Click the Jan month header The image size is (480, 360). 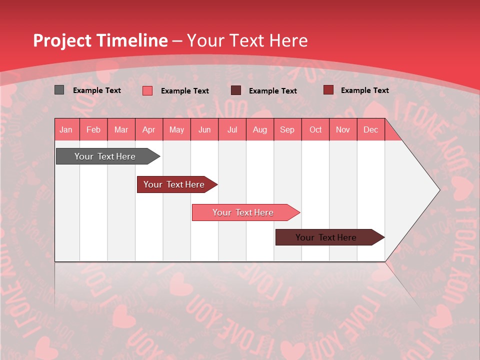pyautogui.click(x=66, y=130)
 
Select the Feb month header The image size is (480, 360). pyautogui.click(x=93, y=130)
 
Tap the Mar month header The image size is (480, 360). pyautogui.click(x=121, y=130)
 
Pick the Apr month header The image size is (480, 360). pyautogui.click(x=149, y=130)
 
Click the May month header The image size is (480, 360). pyautogui.click(x=176, y=130)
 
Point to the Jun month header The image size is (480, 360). pyautogui.click(x=204, y=130)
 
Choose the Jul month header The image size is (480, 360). pyautogui.click(x=232, y=130)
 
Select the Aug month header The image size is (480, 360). pyautogui.click(x=260, y=130)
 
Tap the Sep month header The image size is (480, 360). pyautogui.click(x=287, y=130)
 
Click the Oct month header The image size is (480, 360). pyautogui.click(x=315, y=130)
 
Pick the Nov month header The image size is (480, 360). pyautogui.click(x=343, y=130)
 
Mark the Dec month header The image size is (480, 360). pyautogui.click(x=371, y=130)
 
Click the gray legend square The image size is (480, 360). pyautogui.click(x=59, y=90)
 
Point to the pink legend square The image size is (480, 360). pyautogui.click(x=147, y=90)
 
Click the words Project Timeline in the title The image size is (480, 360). pyautogui.click(x=100, y=41)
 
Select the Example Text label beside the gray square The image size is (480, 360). pyautogui.click(x=97, y=90)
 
